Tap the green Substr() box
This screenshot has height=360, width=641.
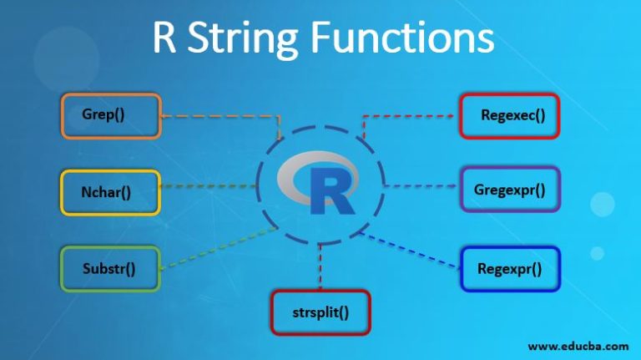(x=109, y=268)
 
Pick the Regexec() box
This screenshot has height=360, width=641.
(x=509, y=115)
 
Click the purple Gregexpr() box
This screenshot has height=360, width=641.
(x=509, y=189)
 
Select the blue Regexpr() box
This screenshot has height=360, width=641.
(x=509, y=268)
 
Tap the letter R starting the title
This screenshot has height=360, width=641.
(x=164, y=39)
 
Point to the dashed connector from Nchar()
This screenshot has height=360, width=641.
(x=209, y=185)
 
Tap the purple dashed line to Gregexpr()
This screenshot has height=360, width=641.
(x=421, y=185)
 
